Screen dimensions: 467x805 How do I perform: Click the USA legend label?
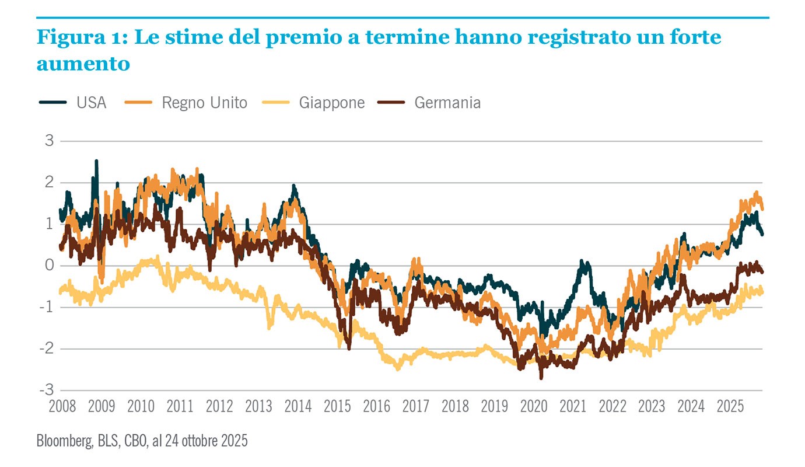click(91, 103)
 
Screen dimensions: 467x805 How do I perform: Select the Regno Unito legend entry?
click(204, 103)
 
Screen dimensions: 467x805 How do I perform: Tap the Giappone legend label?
click(331, 103)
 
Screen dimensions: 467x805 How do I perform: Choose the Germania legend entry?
click(447, 103)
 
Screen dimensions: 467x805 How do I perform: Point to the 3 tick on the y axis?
click(49, 141)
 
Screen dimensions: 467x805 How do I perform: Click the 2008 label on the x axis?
click(62, 406)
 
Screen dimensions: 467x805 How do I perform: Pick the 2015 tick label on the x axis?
click(337, 406)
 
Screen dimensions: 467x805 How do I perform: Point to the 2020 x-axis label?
click(534, 406)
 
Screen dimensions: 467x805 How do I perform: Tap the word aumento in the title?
click(83, 64)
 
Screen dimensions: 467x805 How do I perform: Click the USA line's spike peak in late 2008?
click(96, 161)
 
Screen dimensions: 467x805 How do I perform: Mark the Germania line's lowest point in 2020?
click(541, 378)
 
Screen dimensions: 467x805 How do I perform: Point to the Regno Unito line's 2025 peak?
click(757, 192)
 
